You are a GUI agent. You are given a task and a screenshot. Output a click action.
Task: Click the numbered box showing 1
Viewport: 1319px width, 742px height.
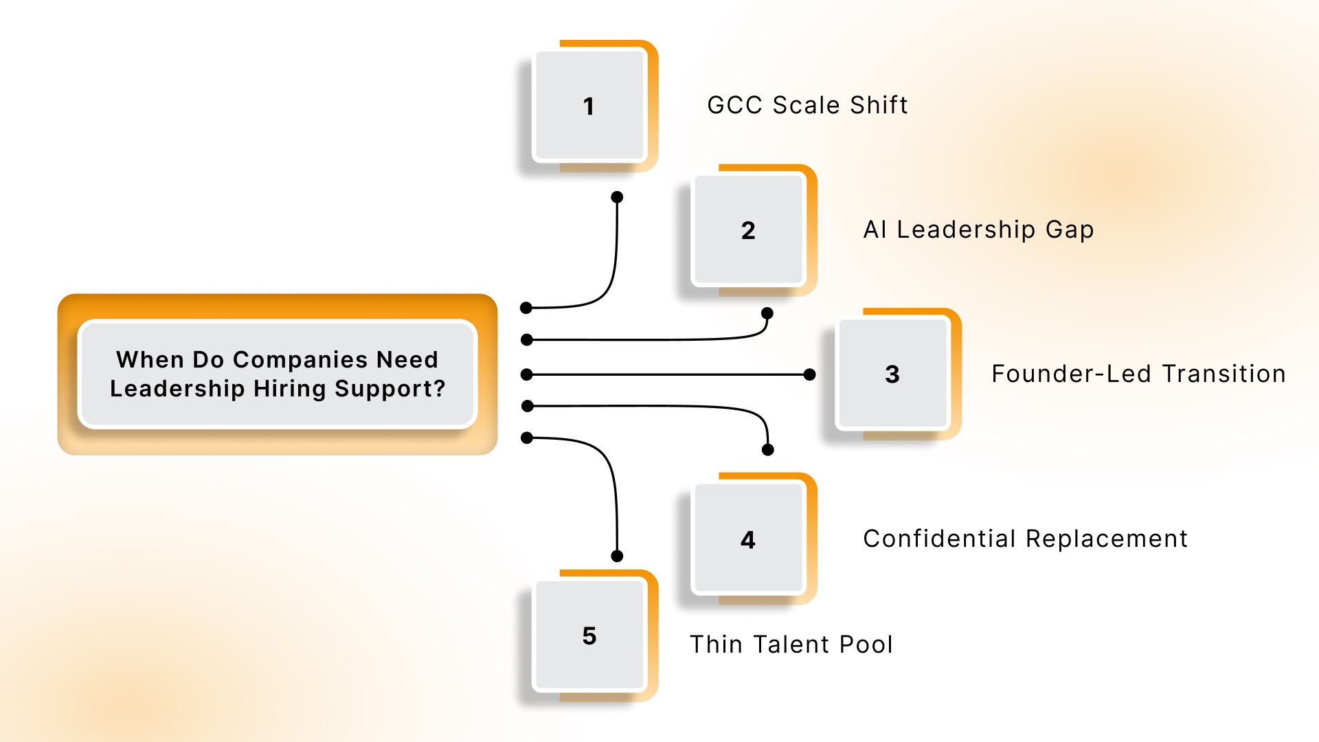[x=589, y=106]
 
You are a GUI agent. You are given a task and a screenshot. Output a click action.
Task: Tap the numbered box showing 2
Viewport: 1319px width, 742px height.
[x=748, y=230]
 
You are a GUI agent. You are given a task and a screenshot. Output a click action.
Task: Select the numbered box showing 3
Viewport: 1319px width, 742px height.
[x=892, y=374]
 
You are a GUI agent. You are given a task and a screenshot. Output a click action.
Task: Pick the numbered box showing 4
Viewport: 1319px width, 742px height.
[x=748, y=539]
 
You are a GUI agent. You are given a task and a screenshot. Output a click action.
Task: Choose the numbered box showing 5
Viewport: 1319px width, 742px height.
[x=589, y=636]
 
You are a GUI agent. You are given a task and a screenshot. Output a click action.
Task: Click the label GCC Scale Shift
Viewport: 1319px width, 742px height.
[x=807, y=105]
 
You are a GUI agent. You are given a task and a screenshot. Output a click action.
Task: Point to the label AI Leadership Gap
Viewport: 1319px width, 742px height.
[x=978, y=229]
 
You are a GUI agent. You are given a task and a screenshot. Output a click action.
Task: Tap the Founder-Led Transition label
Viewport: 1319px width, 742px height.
[x=1138, y=374]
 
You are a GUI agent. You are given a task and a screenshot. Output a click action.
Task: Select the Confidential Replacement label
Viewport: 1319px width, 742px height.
[x=1025, y=539]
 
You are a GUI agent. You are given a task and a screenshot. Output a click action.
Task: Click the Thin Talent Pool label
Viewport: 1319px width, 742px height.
[x=791, y=644]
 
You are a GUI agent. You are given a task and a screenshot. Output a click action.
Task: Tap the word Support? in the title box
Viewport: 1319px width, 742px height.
[x=390, y=389]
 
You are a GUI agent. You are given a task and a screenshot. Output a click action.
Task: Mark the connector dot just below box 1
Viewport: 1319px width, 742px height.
[x=617, y=197]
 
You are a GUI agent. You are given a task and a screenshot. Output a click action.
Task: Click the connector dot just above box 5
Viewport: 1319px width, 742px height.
[x=617, y=556]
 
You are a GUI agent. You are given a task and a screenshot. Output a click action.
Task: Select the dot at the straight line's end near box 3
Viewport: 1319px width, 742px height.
[x=810, y=374]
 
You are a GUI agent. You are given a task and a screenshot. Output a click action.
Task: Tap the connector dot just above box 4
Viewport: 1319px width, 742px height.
[x=768, y=449]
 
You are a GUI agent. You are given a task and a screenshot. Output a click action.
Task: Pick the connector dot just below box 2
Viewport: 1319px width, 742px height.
[x=767, y=313]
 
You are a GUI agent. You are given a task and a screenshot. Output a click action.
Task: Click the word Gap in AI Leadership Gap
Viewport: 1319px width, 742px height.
[x=1070, y=229]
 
